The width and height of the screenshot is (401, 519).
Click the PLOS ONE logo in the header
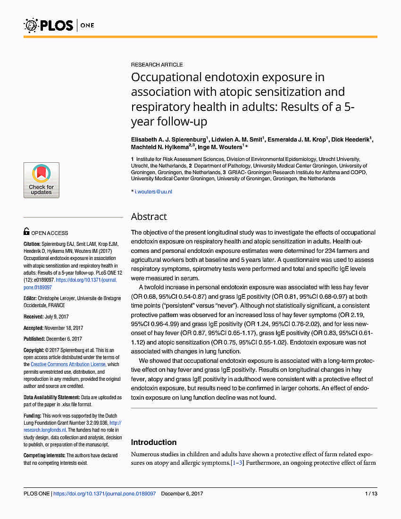point(59,25)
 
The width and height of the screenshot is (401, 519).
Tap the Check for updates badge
point(42,180)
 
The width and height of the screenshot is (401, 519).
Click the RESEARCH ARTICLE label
point(157,65)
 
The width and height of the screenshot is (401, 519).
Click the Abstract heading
point(149,217)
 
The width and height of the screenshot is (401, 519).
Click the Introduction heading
point(154,442)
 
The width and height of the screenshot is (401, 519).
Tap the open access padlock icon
point(26,232)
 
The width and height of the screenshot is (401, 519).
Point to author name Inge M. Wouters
point(221,147)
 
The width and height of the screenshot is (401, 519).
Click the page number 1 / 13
point(371,494)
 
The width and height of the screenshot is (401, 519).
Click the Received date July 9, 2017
point(57,317)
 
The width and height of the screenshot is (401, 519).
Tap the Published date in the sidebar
point(64,339)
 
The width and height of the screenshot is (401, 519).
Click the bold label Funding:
point(33,416)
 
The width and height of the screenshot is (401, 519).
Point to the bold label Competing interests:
point(44,455)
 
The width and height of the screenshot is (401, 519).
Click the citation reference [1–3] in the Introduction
point(237,463)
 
